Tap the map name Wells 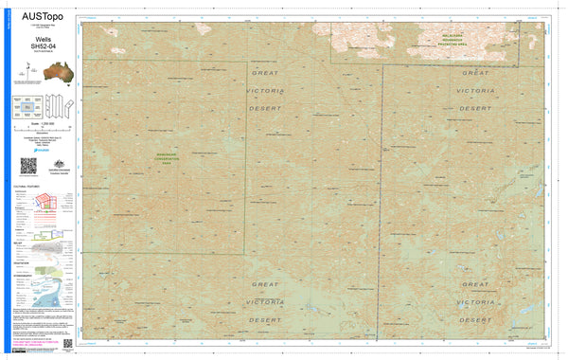(42, 40)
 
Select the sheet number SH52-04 (42, 46)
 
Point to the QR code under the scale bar (27, 165)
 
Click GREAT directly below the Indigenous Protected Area (474, 72)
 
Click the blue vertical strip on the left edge (5, 180)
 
